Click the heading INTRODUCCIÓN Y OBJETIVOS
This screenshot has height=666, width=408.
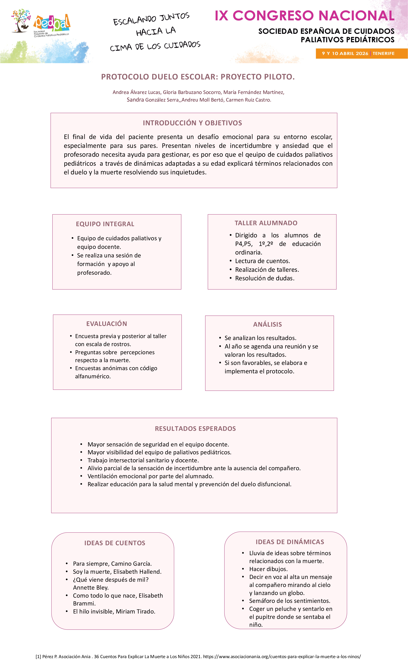(192, 123)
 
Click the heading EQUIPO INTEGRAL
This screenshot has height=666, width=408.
(105, 224)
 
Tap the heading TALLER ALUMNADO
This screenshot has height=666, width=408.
(266, 223)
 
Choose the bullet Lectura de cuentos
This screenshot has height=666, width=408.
(262, 261)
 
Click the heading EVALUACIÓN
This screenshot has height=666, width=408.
(107, 324)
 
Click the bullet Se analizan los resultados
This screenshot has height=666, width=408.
(260, 338)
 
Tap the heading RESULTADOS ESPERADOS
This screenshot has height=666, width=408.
(195, 429)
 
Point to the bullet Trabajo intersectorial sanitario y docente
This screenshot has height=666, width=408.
(143, 460)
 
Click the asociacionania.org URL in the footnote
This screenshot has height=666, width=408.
(282, 657)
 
